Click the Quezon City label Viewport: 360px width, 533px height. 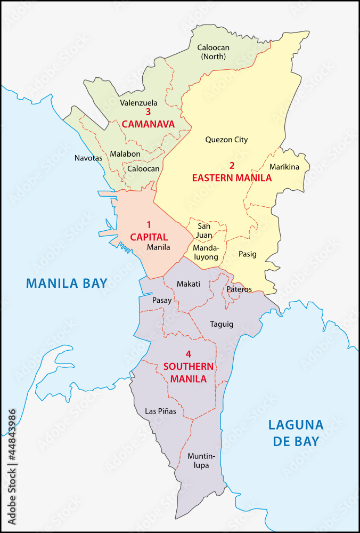pyautogui.click(x=226, y=140)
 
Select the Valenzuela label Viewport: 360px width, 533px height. pyautogui.click(x=138, y=102)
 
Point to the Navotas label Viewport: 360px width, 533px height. pyautogui.click(x=88, y=158)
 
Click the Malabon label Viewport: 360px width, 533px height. pyautogui.click(x=125, y=154)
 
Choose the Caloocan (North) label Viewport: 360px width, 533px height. pyautogui.click(x=213, y=52)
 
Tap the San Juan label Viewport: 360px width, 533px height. pyautogui.click(x=204, y=230)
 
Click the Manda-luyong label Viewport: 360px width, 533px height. pyautogui.click(x=206, y=253)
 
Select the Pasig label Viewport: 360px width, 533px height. pyautogui.click(x=247, y=254)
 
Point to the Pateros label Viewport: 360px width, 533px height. pyautogui.click(x=239, y=289)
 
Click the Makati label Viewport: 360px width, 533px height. pyautogui.click(x=189, y=284)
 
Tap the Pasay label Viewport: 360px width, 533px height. pyautogui.click(x=162, y=300)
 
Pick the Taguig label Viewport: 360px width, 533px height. pyautogui.click(x=222, y=324)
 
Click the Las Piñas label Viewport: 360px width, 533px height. pyautogui.click(x=160, y=411)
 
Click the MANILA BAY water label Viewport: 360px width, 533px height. pyautogui.click(x=67, y=282)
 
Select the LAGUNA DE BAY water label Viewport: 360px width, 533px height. pyautogui.click(x=296, y=433)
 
